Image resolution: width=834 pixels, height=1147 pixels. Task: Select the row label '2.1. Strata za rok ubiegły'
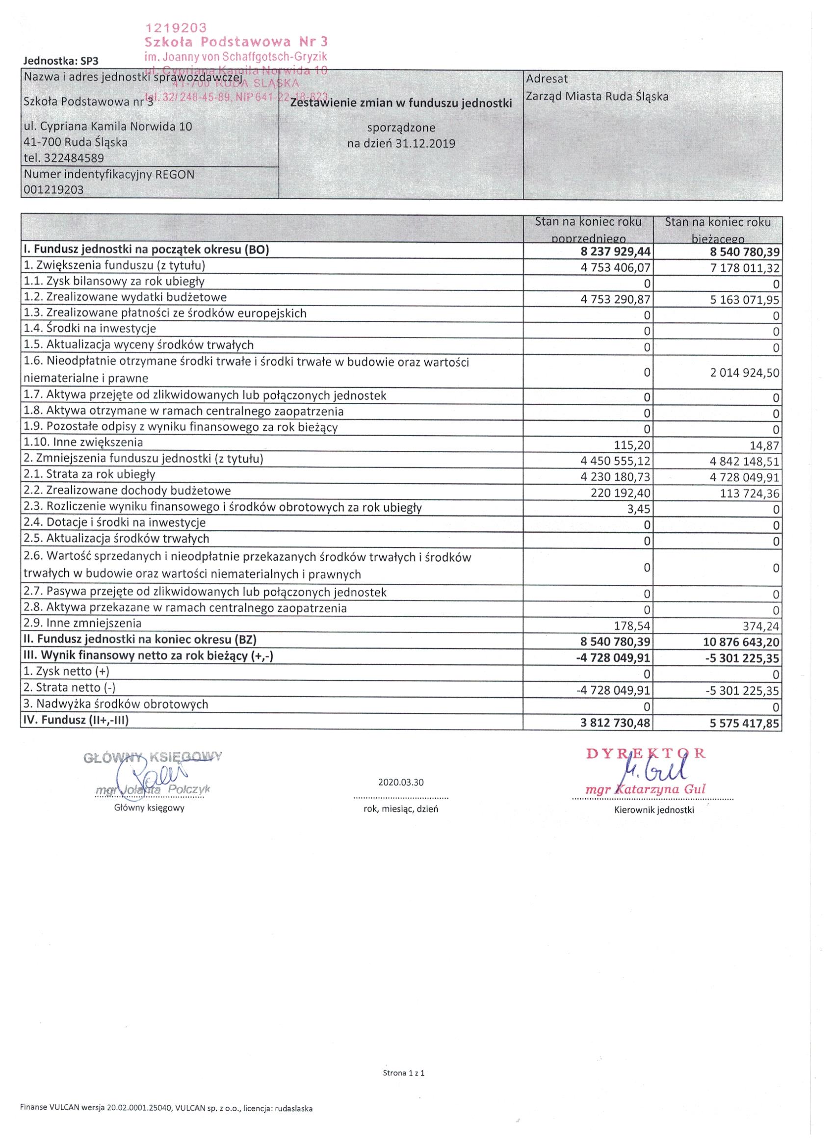pos(89,474)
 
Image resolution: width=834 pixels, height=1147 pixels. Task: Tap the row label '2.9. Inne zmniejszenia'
pos(82,623)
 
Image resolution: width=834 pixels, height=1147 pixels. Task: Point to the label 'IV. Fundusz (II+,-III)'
pos(76,720)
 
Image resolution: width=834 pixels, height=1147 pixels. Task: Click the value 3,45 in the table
pos(639,509)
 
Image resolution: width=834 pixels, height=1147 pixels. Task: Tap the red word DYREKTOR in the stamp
pos(645,754)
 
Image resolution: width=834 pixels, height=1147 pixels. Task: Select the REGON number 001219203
pos(53,190)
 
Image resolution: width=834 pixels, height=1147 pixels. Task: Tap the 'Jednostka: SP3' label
pos(61,61)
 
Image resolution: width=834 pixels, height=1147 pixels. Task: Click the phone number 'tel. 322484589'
pos(64,158)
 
